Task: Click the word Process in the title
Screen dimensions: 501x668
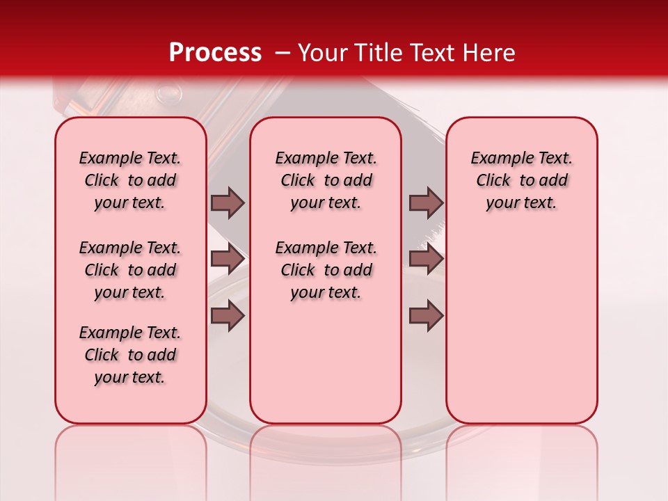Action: point(214,52)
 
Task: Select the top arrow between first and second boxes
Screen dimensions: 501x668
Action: point(228,203)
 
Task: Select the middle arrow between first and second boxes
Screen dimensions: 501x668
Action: point(228,260)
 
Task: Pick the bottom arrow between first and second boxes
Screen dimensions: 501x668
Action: point(228,316)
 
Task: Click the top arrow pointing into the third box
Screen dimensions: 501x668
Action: point(426,203)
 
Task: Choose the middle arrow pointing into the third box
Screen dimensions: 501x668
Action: point(426,260)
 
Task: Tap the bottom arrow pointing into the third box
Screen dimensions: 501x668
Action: point(426,316)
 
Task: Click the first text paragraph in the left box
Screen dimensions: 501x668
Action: point(130,180)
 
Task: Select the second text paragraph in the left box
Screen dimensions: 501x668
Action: point(130,270)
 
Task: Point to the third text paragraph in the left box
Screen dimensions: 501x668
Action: point(130,355)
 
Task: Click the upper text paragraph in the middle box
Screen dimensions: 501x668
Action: point(326,180)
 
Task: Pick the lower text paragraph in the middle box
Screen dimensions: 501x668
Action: point(326,270)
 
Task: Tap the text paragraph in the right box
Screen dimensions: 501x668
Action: point(521,180)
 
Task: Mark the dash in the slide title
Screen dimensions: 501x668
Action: point(281,53)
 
